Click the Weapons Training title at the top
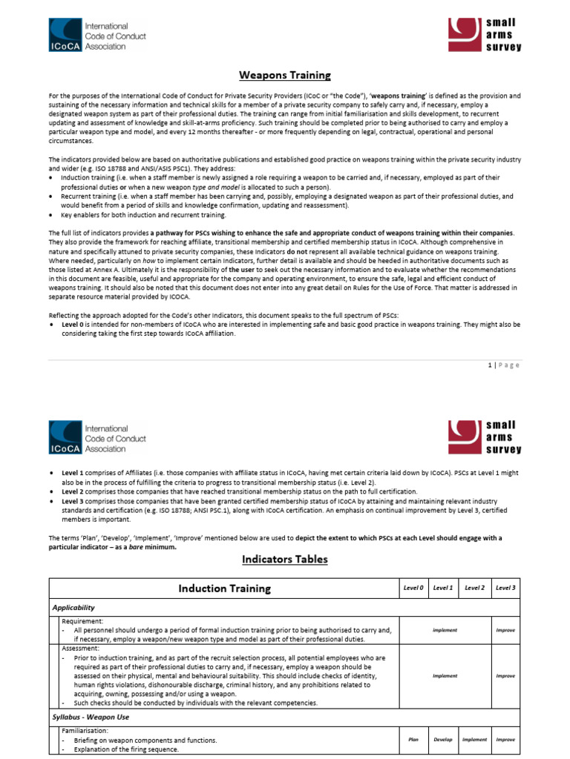click(x=284, y=76)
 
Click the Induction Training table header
click(x=223, y=589)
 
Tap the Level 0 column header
click(x=413, y=588)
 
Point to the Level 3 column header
click(x=505, y=588)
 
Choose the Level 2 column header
click(x=474, y=588)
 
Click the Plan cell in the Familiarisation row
click(x=413, y=739)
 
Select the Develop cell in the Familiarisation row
click(x=443, y=739)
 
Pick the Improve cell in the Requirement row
click(x=505, y=630)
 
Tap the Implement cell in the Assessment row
click(x=445, y=675)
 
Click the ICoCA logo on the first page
click(x=97, y=36)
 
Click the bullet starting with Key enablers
click(x=141, y=215)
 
